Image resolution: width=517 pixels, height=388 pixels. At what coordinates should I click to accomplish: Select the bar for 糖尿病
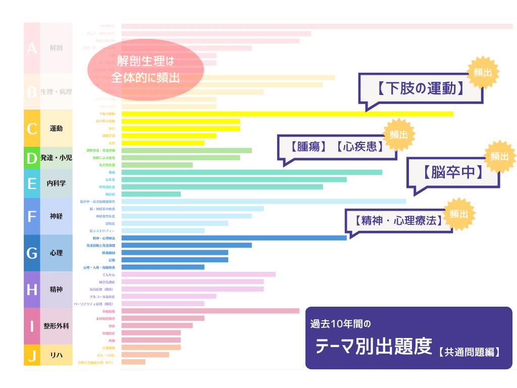[151, 194]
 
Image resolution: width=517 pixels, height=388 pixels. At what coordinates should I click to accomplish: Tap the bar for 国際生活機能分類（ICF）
[133, 362]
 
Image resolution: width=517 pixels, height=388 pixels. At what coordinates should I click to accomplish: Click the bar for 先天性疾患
[157, 165]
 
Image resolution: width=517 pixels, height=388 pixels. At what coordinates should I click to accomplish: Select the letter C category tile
[32, 128]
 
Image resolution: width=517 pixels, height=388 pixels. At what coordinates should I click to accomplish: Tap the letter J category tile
[32, 356]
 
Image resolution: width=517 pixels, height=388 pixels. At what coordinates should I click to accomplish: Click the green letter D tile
[32, 158]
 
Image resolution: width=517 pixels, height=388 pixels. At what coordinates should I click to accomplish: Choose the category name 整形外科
[56, 326]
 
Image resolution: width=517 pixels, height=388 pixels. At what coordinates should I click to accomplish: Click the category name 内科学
[56, 183]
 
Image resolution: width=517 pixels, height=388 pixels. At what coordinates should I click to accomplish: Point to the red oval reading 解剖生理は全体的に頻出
[145, 69]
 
